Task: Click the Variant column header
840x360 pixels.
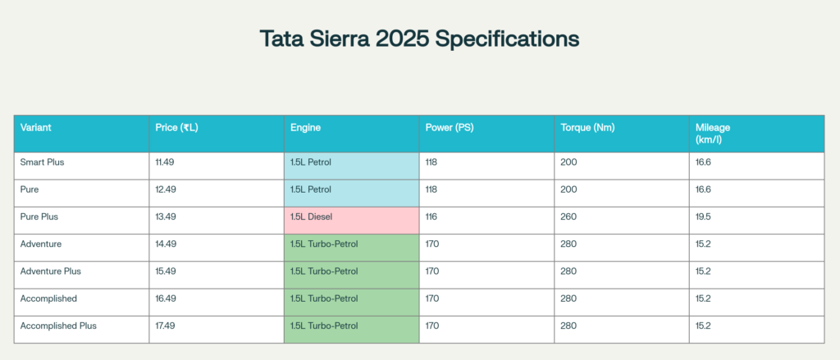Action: (37, 128)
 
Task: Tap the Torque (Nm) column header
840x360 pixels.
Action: (587, 128)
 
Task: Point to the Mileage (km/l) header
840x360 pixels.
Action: (713, 134)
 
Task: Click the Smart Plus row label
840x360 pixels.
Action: (43, 162)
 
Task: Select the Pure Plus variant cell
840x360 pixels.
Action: (39, 216)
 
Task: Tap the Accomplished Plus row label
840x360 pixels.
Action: (58, 326)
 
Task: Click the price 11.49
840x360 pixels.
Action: (165, 162)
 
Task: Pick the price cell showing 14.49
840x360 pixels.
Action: (165, 244)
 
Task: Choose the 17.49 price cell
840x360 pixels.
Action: (165, 326)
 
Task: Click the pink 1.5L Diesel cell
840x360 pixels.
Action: (351, 216)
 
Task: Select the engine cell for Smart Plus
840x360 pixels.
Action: (351, 162)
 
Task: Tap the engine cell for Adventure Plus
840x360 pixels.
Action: (351, 271)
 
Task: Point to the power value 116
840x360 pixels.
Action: (431, 216)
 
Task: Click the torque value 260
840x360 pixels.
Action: (568, 216)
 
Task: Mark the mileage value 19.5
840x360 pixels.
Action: (703, 216)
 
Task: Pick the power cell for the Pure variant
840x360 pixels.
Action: (431, 189)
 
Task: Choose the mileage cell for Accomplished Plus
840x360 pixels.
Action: (703, 326)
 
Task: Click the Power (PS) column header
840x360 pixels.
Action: (450, 128)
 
